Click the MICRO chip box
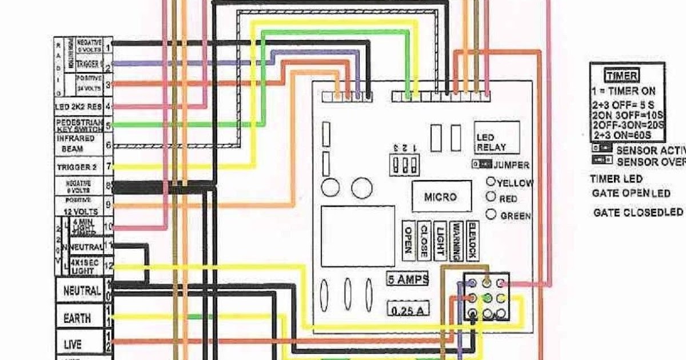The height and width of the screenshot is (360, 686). pos(441,197)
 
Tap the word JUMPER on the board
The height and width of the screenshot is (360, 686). pos(510,165)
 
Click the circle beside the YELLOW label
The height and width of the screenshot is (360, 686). pos(490,182)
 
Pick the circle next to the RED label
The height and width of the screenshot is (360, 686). pos(490,197)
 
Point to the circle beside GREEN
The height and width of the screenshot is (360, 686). pos(490,215)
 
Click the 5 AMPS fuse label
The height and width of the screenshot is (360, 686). pos(408,280)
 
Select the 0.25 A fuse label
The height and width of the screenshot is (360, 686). pos(408,310)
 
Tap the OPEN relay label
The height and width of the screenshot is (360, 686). pos(408,240)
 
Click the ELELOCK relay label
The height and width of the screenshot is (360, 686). pos(472,240)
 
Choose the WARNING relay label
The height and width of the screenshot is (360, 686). pos(456,240)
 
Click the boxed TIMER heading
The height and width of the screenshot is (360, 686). pos(623,75)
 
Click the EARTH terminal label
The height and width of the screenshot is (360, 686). pos(77,319)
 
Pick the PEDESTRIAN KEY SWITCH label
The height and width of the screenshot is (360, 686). pos(78,125)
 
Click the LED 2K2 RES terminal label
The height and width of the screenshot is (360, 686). pos(78,106)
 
